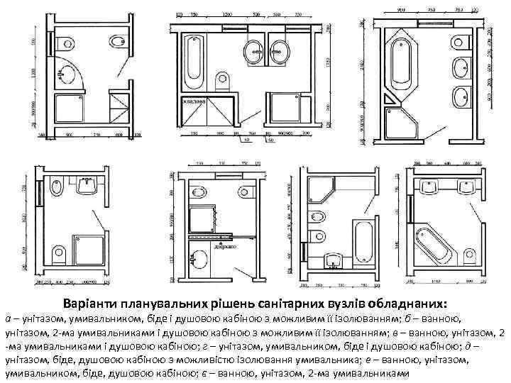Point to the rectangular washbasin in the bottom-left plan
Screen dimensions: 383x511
(88, 185)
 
